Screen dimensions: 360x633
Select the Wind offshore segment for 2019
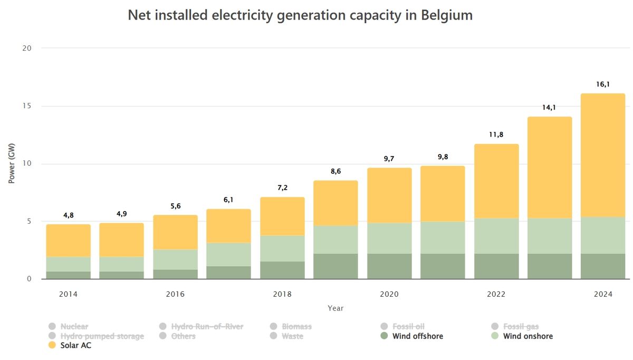pos(335,266)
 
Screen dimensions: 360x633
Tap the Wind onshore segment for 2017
pos(228,254)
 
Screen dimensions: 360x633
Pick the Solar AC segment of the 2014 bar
pos(69,241)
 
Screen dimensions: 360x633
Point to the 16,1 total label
pos(603,84)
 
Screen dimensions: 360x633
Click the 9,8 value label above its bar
pos(443,156)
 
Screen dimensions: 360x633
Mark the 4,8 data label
pos(69,215)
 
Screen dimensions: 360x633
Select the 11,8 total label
pos(496,135)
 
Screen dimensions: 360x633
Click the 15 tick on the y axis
pos(27,106)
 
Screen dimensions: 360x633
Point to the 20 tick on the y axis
pos(27,49)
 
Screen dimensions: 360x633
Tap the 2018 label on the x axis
pos(282,294)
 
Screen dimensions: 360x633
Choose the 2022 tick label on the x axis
pos(496,294)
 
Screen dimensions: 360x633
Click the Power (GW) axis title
pos(12,164)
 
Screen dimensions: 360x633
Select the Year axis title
pos(335,308)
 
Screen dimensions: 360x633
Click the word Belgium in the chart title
pos(447,15)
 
